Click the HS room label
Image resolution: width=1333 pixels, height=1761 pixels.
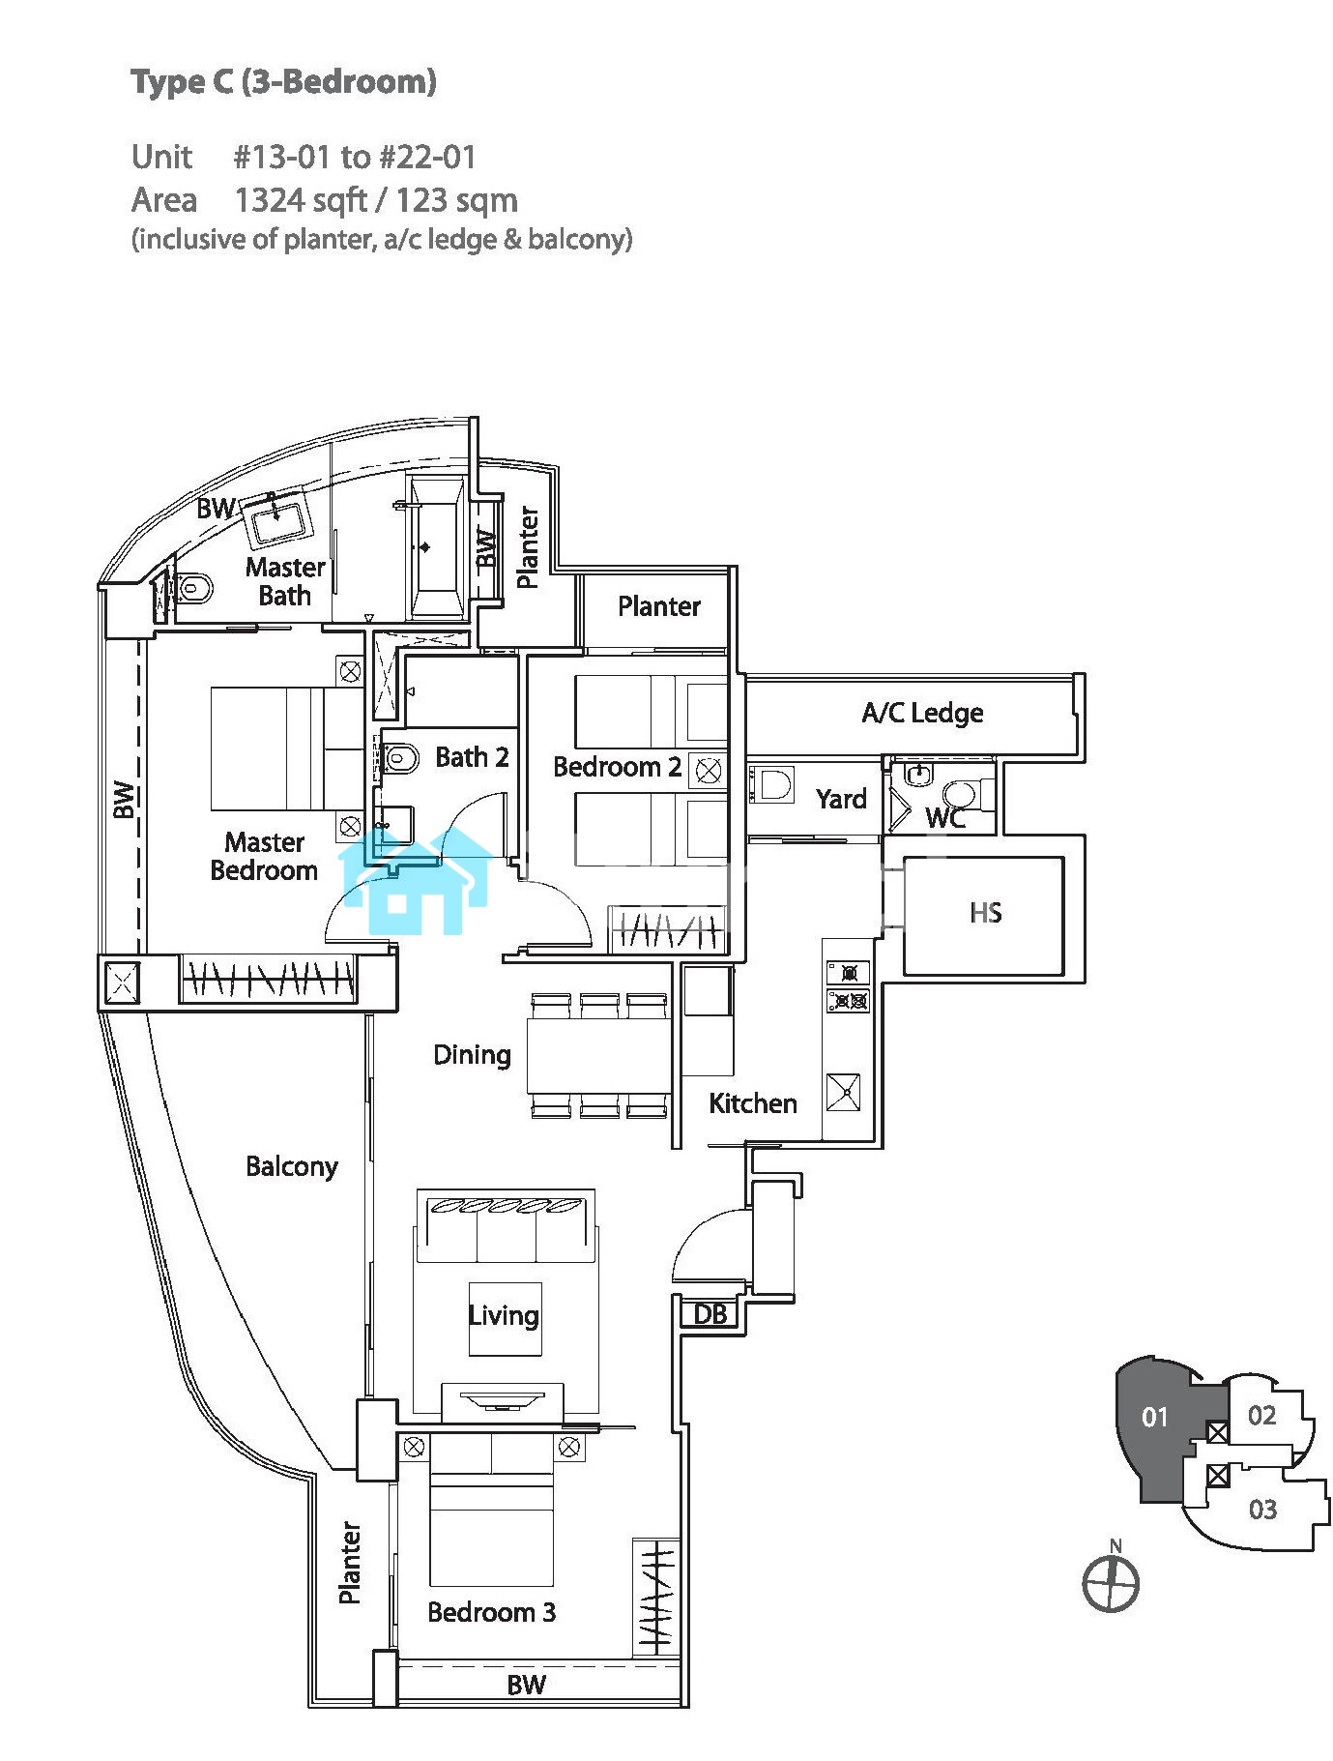(x=985, y=913)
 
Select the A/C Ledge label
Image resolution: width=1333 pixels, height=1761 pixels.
(x=922, y=714)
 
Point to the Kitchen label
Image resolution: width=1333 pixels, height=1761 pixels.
(x=752, y=1103)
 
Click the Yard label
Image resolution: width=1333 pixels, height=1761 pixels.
(x=840, y=799)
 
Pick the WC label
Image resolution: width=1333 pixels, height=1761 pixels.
(x=944, y=818)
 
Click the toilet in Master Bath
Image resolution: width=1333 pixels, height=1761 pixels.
(x=194, y=586)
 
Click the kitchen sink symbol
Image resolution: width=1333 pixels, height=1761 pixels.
(x=843, y=1092)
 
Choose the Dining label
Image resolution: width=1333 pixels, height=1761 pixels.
(x=472, y=1054)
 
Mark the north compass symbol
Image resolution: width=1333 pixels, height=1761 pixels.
(x=1111, y=1583)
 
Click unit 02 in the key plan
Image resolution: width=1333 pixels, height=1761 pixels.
(x=1261, y=1416)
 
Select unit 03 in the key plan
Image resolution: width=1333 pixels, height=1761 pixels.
(x=1262, y=1510)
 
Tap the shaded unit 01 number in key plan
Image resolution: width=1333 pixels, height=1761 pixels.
(x=1155, y=1418)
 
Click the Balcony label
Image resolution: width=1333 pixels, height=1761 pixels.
(x=291, y=1166)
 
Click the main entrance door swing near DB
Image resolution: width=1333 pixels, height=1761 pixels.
(x=708, y=1247)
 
